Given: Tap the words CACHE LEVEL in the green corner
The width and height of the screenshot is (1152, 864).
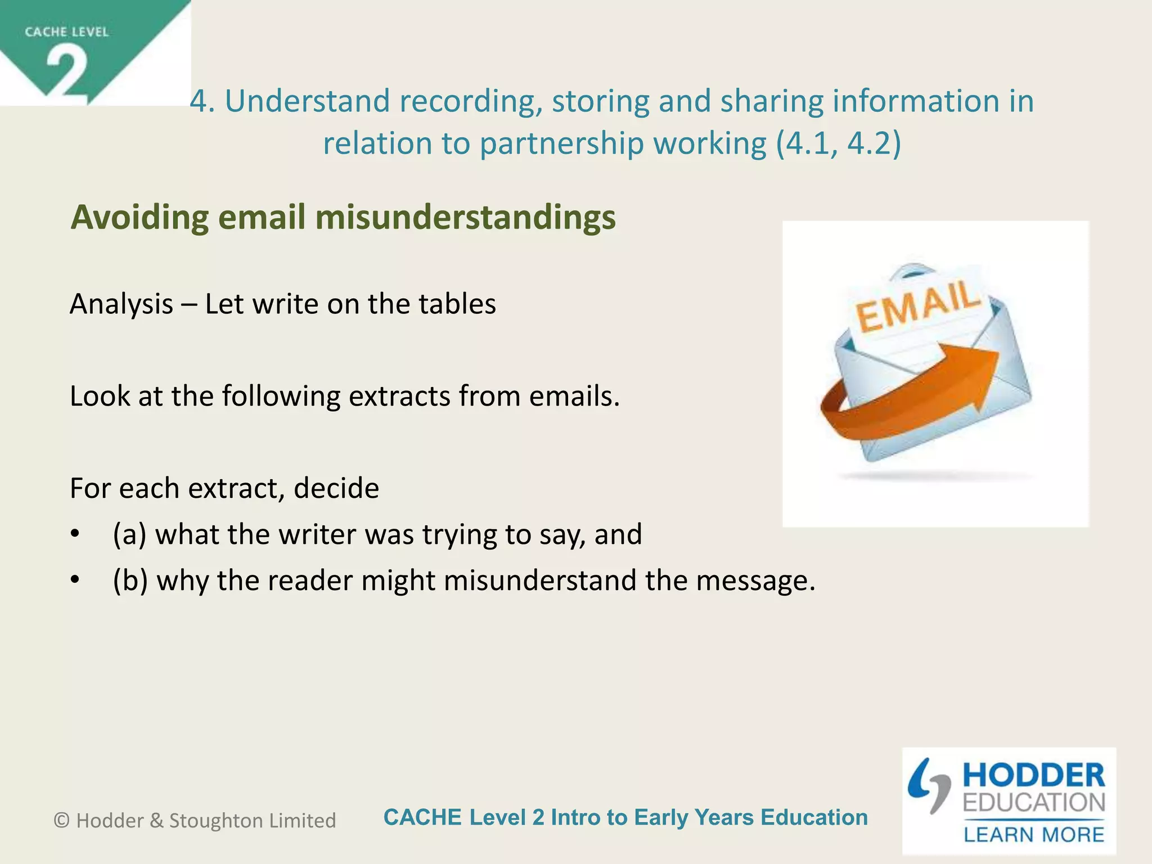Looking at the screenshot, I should [66, 32].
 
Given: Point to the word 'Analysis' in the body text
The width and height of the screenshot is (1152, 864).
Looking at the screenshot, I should [121, 304].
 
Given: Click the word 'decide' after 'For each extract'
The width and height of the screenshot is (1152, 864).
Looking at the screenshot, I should [336, 488].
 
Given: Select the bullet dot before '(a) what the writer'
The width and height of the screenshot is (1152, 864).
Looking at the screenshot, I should [75, 535].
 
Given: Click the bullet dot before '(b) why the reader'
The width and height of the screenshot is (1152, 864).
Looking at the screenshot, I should [75, 581].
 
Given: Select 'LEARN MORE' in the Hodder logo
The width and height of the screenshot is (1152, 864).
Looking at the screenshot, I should [1033, 835].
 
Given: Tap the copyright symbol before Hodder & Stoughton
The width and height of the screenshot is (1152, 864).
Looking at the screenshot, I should [61, 821].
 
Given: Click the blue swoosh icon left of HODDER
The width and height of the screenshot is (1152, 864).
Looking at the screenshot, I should [928, 785].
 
